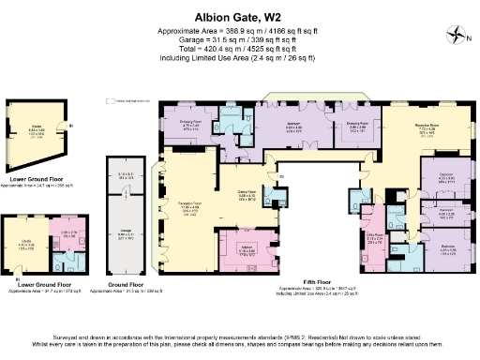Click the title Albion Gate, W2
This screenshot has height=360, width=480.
[240, 16]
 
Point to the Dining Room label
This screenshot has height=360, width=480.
[247, 196]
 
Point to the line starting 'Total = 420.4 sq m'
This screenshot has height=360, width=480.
[240, 49]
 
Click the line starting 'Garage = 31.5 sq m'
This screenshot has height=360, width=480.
[240, 39]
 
